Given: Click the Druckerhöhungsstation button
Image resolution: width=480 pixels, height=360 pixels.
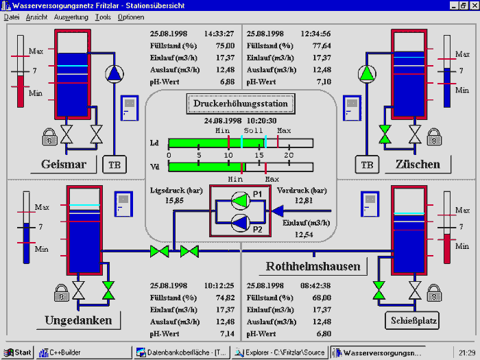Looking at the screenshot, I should coord(241,104).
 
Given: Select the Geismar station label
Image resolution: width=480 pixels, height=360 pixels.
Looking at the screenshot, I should coord(63,165).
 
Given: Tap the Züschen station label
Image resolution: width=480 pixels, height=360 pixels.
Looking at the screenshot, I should coord(418,165).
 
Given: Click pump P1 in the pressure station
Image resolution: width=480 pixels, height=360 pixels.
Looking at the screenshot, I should coord(241,200).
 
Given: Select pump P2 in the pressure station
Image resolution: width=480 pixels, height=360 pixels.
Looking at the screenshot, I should coord(241,221).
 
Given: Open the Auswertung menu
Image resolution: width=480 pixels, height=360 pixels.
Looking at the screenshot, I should coord(71,16).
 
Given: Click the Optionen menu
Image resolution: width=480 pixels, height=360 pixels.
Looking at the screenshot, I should coord(131,16).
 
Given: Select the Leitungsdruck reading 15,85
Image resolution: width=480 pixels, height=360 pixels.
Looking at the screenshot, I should coord(175,201).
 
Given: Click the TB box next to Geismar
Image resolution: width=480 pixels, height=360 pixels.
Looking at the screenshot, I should coord(114,165).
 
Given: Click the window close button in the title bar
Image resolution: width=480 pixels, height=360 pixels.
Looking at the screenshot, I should coord(473,5).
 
